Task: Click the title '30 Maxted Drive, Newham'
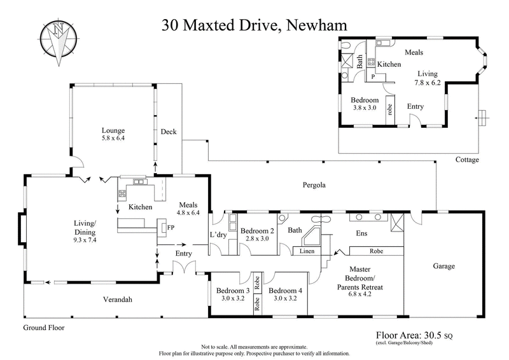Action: (254, 25)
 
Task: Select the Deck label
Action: (168, 132)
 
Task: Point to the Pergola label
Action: (313, 186)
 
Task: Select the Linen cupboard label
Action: (306, 251)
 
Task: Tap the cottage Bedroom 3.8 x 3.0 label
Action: (365, 104)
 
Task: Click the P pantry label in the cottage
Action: (373, 76)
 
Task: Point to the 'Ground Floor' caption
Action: (44, 328)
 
